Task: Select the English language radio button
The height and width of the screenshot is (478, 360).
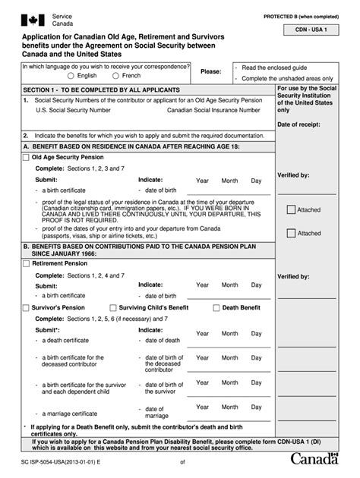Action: tap(71, 76)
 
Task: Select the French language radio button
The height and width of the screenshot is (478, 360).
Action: tap(115, 76)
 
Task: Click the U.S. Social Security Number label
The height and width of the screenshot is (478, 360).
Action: tap(73, 110)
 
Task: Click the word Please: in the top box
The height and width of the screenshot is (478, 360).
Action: tap(210, 71)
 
